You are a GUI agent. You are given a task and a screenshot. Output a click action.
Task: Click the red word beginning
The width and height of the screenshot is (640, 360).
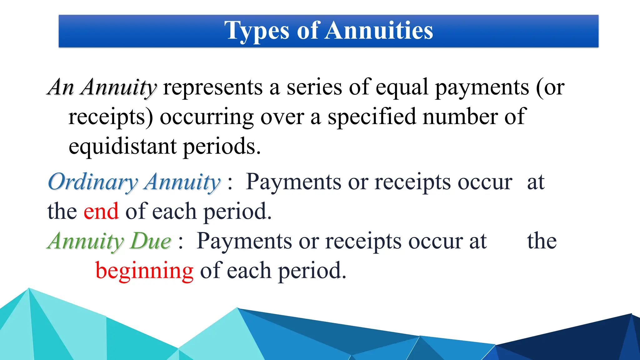click(144, 271)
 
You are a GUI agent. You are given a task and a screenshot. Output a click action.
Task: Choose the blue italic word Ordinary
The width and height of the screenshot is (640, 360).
click(93, 182)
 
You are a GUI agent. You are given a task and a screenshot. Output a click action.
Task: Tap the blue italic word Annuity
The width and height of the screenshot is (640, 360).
click(182, 182)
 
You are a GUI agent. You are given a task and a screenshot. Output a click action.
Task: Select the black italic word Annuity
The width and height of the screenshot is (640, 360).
click(118, 87)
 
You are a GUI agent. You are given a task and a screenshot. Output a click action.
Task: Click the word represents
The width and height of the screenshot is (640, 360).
click(213, 87)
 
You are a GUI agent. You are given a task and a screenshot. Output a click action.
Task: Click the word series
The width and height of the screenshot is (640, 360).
click(314, 87)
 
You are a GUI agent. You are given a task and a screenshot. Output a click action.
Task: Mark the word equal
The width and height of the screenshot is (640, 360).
click(402, 88)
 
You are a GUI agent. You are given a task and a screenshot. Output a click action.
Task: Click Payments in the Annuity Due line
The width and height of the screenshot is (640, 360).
click(244, 241)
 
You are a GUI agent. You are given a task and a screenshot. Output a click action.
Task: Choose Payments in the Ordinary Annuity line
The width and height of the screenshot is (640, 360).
click(293, 182)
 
